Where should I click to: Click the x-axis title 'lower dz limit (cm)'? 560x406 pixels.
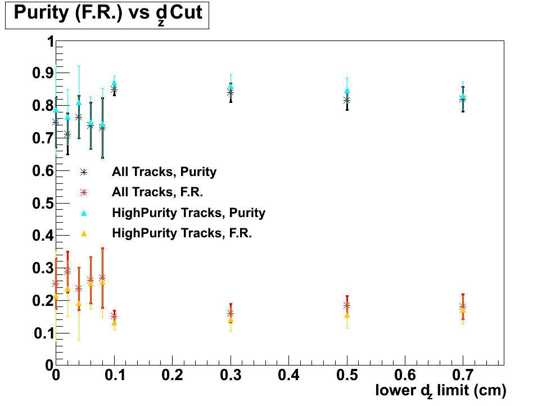441,390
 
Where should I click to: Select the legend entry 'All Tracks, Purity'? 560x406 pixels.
164,172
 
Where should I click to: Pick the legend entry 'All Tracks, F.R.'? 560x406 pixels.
157,192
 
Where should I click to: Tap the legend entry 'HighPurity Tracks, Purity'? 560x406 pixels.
188,213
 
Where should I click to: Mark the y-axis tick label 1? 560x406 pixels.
50,42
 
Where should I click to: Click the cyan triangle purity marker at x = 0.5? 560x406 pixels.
347,91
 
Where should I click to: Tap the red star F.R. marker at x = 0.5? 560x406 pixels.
347,305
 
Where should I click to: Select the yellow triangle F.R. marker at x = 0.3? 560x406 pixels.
231,320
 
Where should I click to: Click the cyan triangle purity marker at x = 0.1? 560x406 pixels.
114,83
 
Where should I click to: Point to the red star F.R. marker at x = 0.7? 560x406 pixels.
463,306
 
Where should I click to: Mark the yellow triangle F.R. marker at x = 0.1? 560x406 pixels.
114,323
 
